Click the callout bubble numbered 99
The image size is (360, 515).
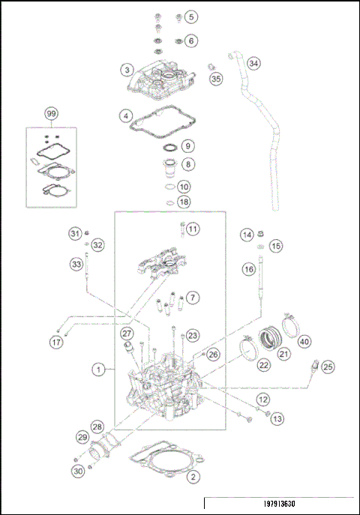point(51,114)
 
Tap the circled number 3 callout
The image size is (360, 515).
point(129,70)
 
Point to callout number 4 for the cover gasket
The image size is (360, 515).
point(129,116)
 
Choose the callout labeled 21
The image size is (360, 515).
point(283,354)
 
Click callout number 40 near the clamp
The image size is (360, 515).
point(304,342)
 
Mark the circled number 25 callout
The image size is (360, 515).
point(328,367)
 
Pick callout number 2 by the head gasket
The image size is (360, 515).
point(193,476)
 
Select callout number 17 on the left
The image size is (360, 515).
point(55,343)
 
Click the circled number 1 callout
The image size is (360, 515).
point(97,370)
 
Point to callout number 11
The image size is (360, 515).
point(193,229)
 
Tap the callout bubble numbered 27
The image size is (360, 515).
point(127,334)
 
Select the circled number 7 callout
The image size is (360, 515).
point(193,298)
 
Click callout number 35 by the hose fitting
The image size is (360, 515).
point(216,79)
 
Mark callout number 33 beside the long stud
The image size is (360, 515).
point(76,264)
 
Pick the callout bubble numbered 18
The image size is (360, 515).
point(184,202)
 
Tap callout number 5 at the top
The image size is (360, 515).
point(191,16)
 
